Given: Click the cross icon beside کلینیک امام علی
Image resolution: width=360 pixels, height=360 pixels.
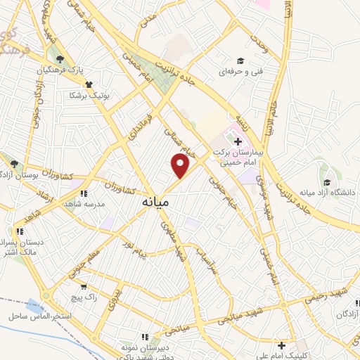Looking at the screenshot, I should [x=281, y=345].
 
